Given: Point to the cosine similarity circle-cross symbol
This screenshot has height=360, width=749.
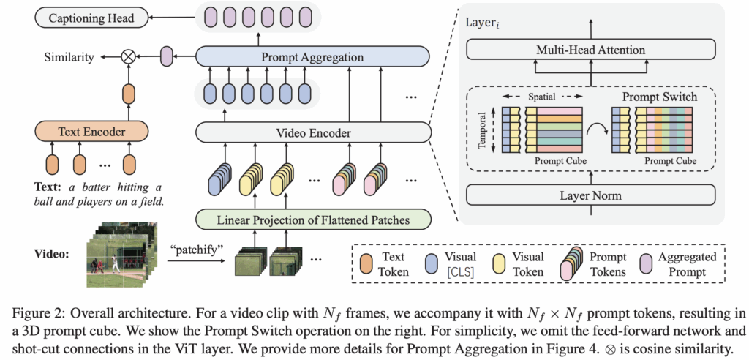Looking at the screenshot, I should pos(129,56).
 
